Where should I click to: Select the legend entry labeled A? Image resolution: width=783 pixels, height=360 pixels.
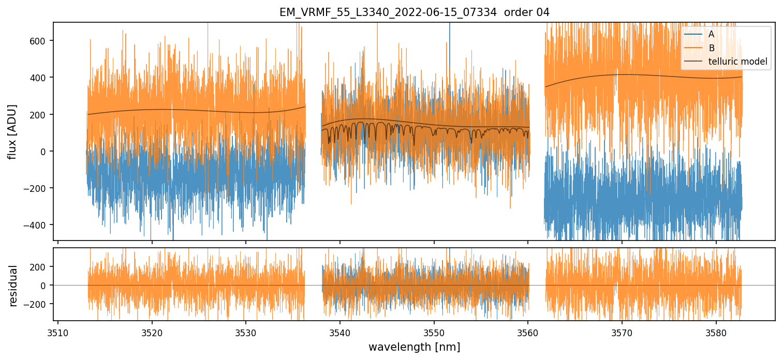click(x=711, y=34)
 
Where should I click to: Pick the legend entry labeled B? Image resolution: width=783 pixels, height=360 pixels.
click(x=712, y=48)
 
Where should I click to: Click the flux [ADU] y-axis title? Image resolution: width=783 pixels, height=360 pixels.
click(x=12, y=131)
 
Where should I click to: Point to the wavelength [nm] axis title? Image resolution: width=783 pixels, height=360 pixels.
click(x=414, y=347)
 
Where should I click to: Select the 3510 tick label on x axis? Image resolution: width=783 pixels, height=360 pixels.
click(x=57, y=332)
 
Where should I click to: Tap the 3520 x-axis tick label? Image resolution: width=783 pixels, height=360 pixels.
click(x=152, y=332)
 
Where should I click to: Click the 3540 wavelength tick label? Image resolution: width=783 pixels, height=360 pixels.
click(x=339, y=332)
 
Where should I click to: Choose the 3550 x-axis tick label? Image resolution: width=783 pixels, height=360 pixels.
click(x=434, y=332)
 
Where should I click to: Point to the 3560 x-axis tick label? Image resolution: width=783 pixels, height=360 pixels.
click(x=528, y=332)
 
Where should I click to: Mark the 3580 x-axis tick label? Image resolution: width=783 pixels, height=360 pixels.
click(x=716, y=332)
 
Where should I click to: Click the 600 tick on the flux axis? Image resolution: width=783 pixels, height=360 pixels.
click(x=41, y=41)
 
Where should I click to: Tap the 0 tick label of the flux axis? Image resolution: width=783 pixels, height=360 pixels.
click(x=46, y=152)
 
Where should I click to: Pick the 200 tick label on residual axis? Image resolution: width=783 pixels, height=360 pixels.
click(x=41, y=267)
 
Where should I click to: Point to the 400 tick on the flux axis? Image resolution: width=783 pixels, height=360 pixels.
click(x=41, y=78)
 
